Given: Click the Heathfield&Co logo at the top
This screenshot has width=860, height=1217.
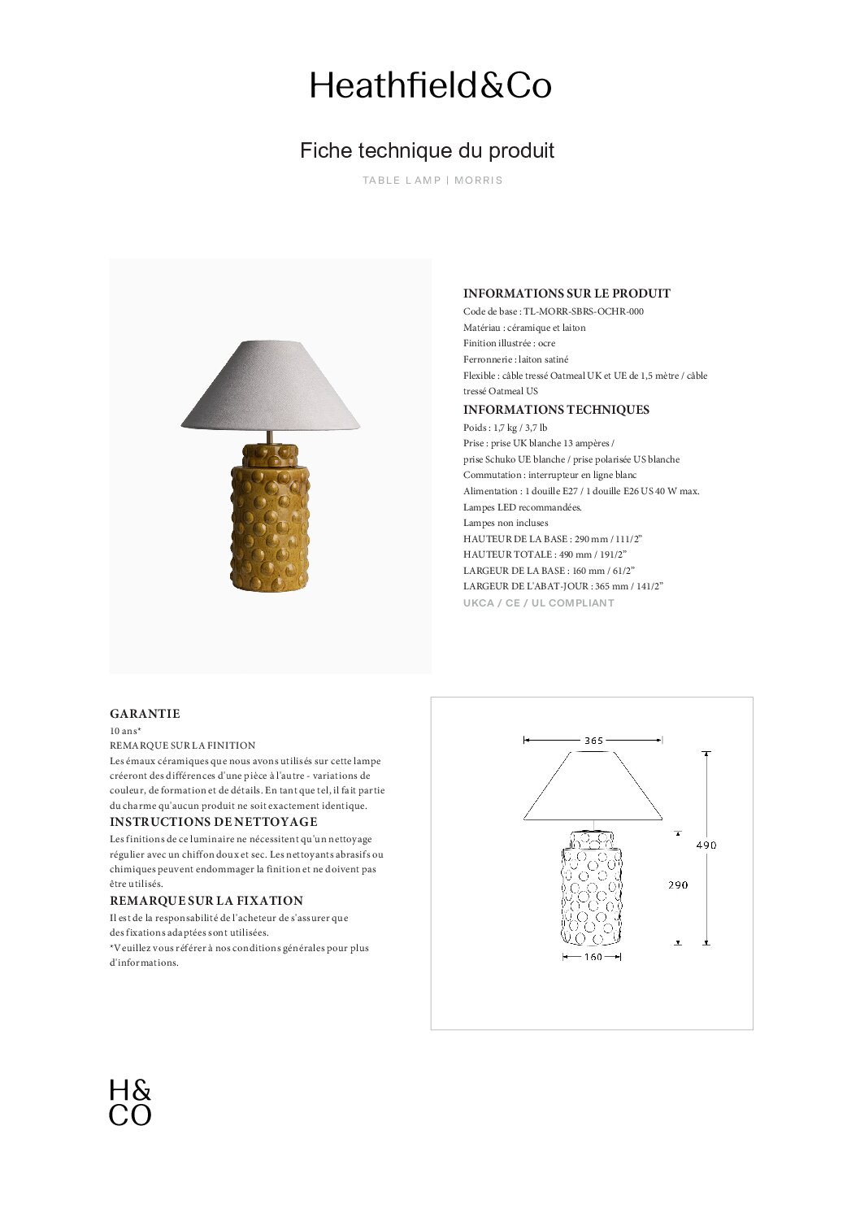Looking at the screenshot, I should (430, 85).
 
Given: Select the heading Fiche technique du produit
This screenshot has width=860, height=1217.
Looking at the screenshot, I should (427, 150).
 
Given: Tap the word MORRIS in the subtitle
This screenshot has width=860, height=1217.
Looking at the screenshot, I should (479, 180).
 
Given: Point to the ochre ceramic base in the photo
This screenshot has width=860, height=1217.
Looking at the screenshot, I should (270, 520).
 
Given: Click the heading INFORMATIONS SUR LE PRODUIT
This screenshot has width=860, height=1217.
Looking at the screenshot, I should (567, 293).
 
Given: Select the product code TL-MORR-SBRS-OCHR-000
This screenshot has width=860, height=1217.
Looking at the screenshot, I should (584, 311).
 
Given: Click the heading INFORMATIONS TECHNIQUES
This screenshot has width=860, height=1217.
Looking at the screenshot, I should (556, 410).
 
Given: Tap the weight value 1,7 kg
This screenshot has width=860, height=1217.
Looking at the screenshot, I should (505, 428).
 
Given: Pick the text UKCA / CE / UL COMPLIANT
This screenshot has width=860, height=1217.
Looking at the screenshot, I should (538, 603).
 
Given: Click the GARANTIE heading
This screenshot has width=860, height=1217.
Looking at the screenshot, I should (145, 714).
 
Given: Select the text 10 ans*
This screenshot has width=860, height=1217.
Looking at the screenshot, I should (125, 731).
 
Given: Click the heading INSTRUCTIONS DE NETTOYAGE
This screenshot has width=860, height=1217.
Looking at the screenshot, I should (213, 822).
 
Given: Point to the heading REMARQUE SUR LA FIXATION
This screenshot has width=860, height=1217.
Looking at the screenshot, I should (206, 901).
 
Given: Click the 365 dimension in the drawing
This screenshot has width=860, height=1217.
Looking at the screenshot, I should (593, 741).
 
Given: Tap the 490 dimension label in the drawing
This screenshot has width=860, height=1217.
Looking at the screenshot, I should (706, 845).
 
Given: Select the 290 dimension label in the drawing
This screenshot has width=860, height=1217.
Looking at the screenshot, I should (678, 885).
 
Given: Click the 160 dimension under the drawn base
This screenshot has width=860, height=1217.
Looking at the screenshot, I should (593, 957).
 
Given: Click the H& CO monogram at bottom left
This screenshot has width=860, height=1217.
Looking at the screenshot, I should (130, 1102).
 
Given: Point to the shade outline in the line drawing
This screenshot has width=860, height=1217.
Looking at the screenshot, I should (593, 786).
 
